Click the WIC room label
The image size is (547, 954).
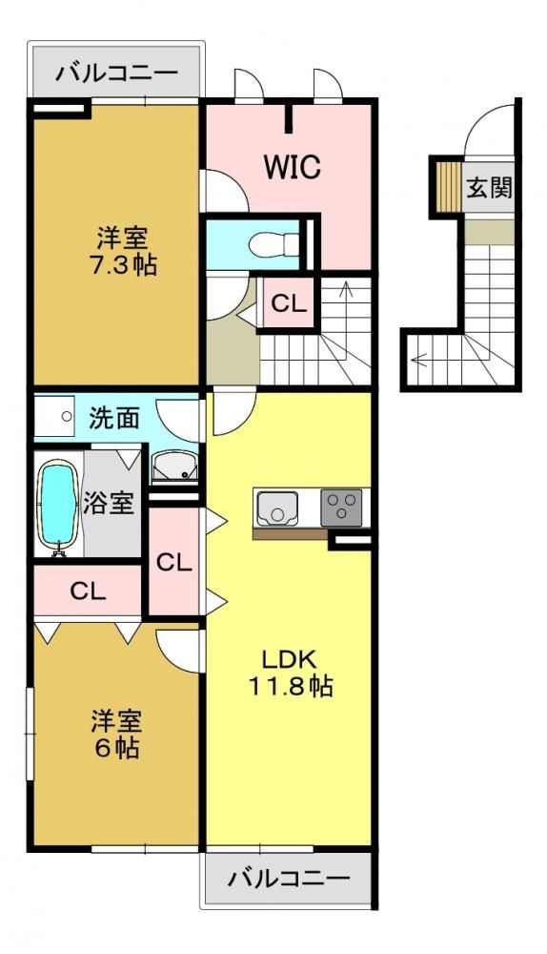tap(292, 166)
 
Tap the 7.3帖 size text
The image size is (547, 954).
tap(123, 265)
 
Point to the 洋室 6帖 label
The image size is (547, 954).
tap(116, 734)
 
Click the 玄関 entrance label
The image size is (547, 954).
tap(489, 189)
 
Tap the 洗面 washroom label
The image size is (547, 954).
tap(114, 418)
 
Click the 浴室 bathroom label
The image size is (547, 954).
tap(109, 503)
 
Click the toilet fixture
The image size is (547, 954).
tap(273, 244)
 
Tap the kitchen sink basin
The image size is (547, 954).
tap(277, 508)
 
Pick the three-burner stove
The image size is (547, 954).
tap(341, 507)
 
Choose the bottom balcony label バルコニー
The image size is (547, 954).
tap(290, 879)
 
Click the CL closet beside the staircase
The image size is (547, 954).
tap(289, 303)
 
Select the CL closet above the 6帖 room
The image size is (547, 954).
tap(88, 591)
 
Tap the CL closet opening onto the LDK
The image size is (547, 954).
tap(174, 562)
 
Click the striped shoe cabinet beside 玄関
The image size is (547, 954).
tap(449, 185)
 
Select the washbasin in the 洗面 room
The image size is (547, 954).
tap(174, 467)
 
